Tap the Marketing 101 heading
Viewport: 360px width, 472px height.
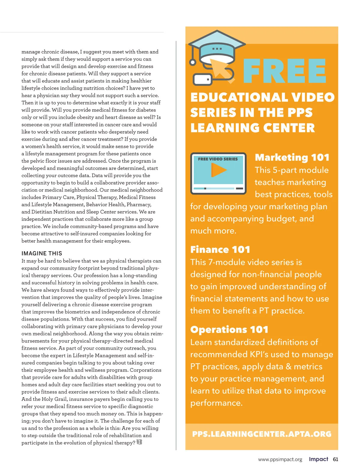[x=292, y=157]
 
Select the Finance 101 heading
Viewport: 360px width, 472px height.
[x=220, y=250]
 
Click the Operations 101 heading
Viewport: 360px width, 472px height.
[x=229, y=329]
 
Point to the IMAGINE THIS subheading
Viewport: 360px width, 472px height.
[x=42, y=253]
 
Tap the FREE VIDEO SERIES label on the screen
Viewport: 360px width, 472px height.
[x=218, y=159]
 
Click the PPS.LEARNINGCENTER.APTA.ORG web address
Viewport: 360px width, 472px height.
[x=262, y=434]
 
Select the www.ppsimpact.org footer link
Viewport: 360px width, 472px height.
[x=280, y=459]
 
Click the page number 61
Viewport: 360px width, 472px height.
[x=335, y=459]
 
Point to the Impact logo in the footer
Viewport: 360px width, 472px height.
[x=318, y=459]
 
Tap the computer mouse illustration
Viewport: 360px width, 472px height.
[x=202, y=80]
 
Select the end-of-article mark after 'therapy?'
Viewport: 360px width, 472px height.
[x=139, y=442]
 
